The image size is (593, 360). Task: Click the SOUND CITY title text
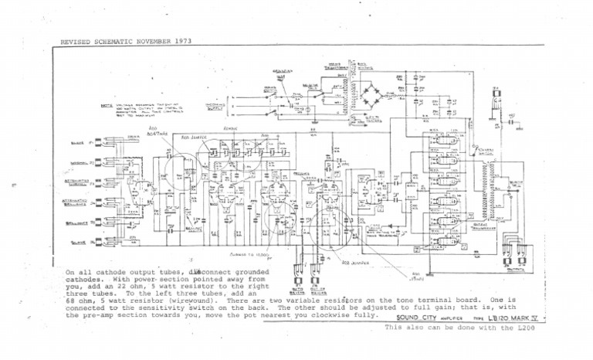tap(409, 318)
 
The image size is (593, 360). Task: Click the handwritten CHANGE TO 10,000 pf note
tap(249, 252)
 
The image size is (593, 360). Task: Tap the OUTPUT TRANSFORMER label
tap(487, 226)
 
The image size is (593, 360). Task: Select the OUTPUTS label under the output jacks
tap(510, 272)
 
